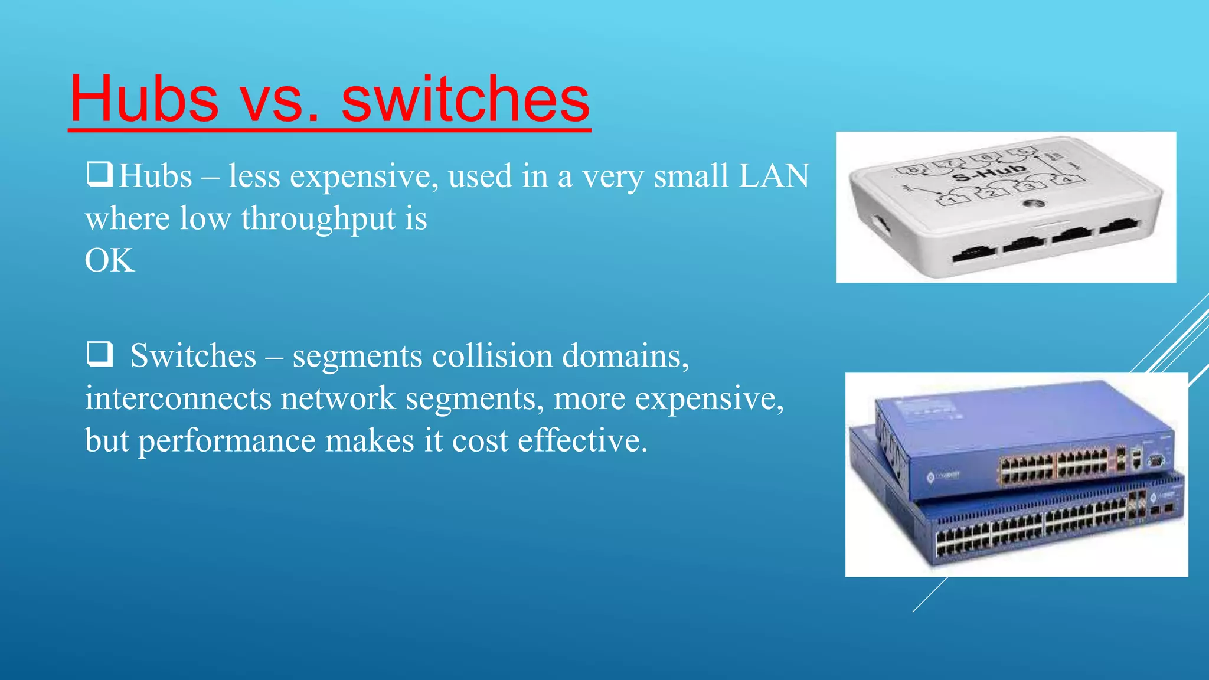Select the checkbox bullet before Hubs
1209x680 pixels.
tap(99, 175)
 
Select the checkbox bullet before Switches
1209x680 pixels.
tap(99, 354)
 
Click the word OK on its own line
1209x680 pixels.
tap(110, 260)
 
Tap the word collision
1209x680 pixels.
tap(492, 356)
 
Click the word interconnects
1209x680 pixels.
tap(178, 398)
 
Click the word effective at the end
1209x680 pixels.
tap(582, 441)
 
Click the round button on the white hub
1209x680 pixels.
tap(1034, 204)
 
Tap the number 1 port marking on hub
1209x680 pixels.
tap(952, 200)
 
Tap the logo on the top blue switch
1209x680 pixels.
tap(931, 477)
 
